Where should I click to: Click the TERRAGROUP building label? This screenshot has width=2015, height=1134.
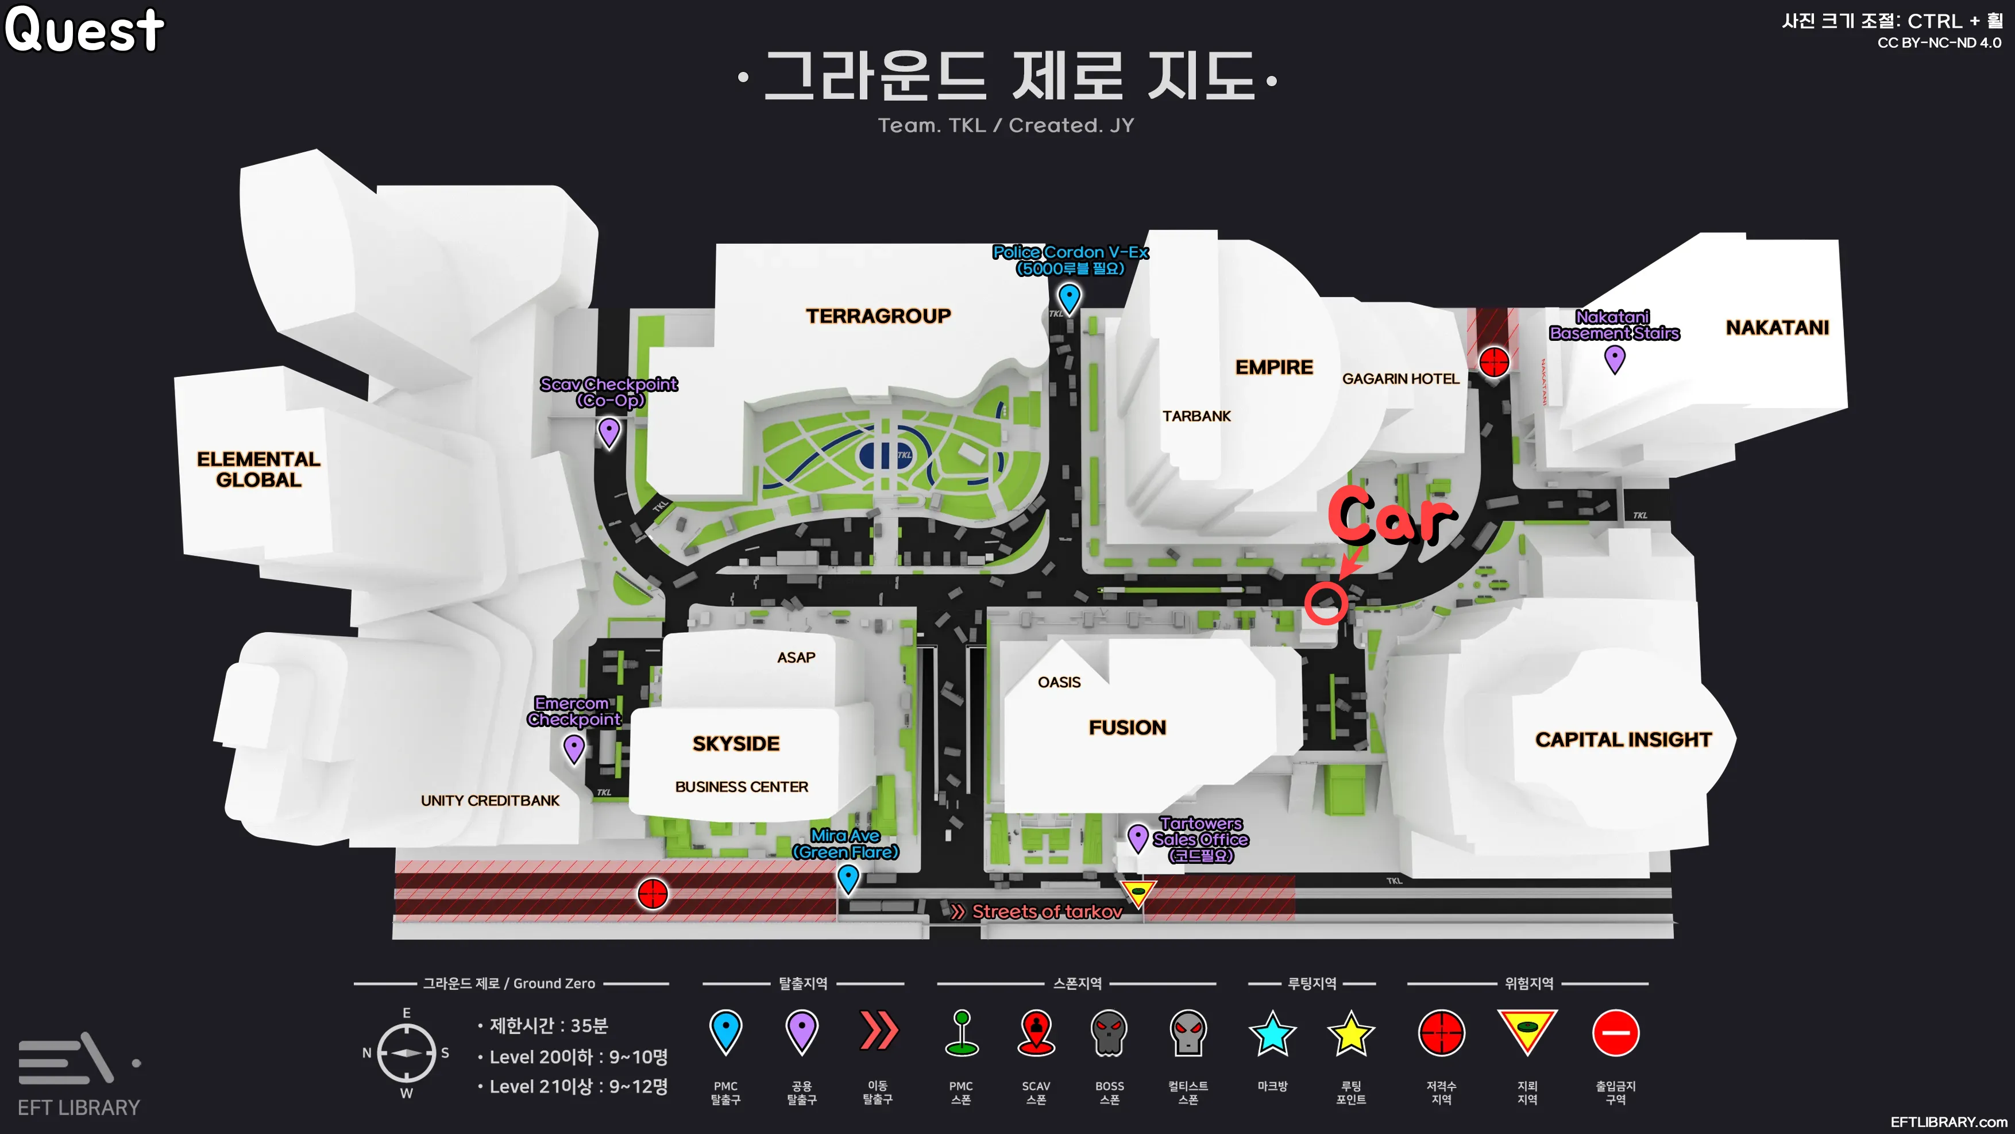[878, 316]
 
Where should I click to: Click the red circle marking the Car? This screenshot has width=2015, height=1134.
[1325, 602]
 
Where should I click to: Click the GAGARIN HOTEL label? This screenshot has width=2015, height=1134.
[1400, 379]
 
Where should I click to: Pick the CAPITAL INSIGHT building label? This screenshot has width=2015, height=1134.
[1623, 740]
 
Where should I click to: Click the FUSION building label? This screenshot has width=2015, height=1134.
[1127, 728]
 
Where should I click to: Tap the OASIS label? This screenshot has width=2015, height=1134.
[1059, 682]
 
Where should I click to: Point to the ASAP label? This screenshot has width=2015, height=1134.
[796, 658]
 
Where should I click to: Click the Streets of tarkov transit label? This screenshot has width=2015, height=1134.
[1047, 912]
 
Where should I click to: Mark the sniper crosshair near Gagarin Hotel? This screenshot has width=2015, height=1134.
[1494, 362]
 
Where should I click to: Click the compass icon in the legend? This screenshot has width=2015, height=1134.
[406, 1054]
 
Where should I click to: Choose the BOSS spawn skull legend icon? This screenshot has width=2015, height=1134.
[1109, 1033]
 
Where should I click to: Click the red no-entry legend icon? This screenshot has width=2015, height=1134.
[1615, 1033]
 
